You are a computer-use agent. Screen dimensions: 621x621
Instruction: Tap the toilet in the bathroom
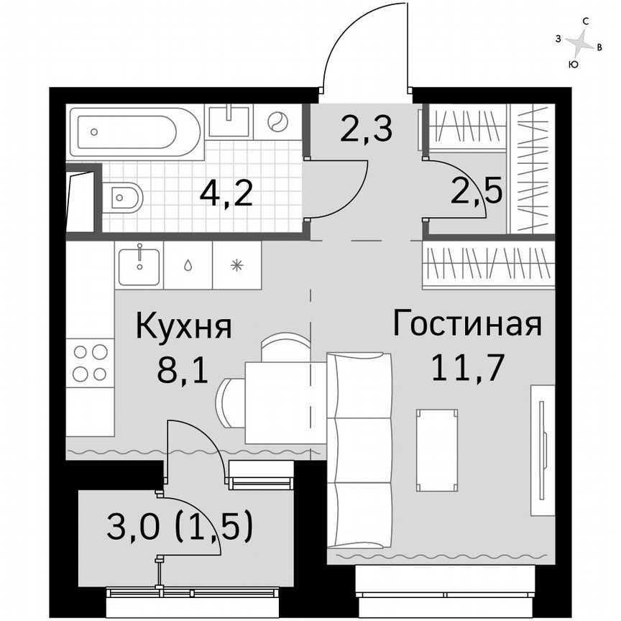tap(124, 195)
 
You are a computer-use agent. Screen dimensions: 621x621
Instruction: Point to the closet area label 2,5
tap(476, 190)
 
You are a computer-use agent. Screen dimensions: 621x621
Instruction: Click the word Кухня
tap(184, 328)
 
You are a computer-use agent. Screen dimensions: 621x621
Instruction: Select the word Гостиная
tap(466, 324)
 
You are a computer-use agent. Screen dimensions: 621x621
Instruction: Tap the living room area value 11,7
tap(466, 368)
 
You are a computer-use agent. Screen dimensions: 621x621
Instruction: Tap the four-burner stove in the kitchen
tap(90, 363)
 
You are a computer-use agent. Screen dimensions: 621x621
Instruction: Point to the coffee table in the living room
tap(437, 450)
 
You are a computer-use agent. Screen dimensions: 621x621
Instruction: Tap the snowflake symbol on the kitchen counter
tap(236, 264)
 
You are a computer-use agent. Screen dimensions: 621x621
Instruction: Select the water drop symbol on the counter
tap(188, 264)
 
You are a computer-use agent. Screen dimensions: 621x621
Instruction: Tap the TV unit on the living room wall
tap(543, 449)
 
